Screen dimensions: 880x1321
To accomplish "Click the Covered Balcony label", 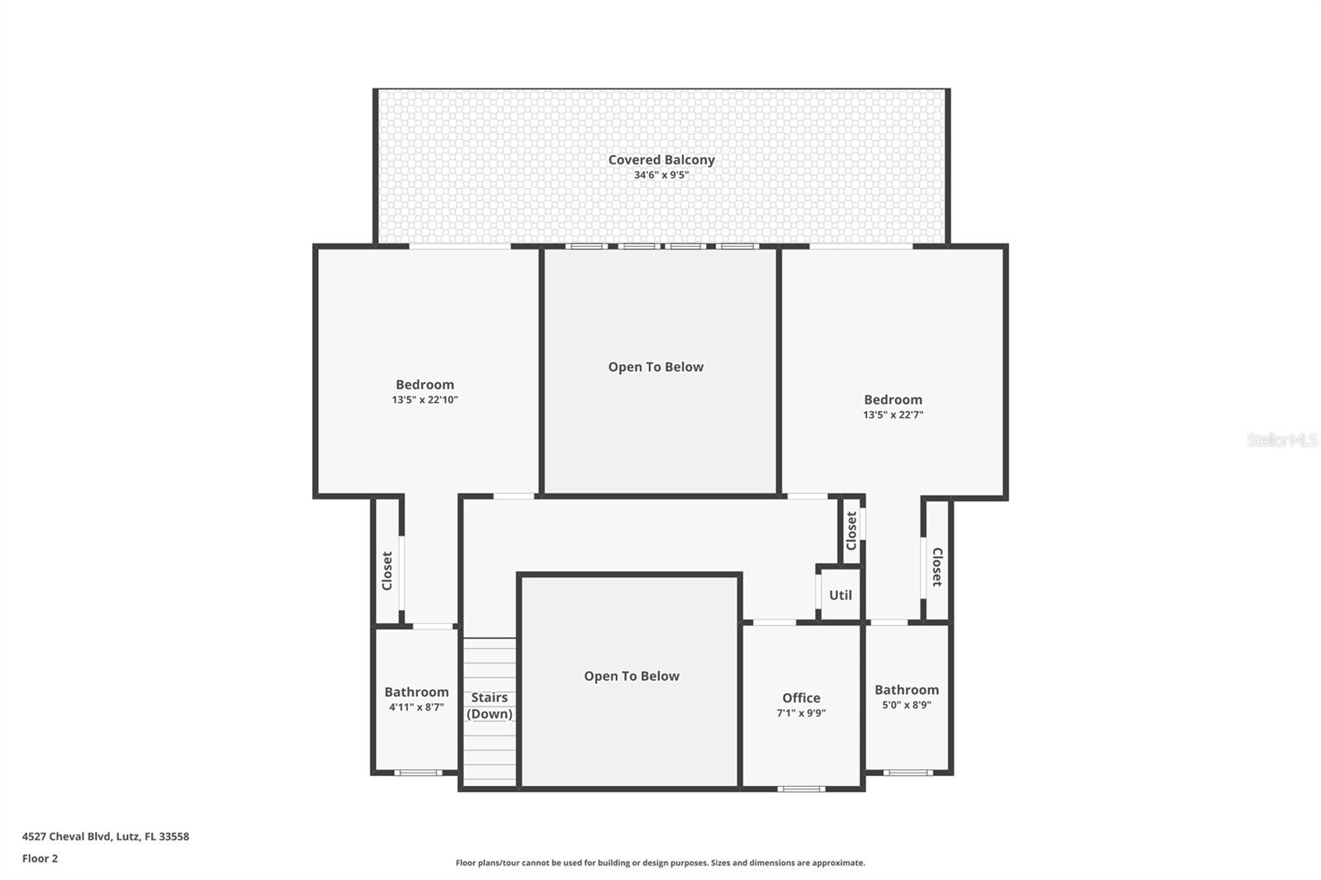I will [661, 160].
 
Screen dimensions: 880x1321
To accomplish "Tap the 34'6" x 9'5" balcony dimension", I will [661, 175].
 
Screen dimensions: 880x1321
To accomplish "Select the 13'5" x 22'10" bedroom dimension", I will [424, 400].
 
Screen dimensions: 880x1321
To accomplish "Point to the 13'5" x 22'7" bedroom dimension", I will [893, 415].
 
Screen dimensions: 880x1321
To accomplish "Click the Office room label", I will [801, 698].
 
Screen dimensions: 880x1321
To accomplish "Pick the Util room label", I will [840, 595].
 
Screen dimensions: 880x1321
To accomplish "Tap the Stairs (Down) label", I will [490, 706].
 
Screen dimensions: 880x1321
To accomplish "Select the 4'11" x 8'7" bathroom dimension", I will [416, 707].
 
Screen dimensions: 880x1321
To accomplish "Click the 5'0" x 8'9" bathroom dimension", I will [907, 705].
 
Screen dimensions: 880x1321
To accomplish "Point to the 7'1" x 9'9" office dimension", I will [801, 713].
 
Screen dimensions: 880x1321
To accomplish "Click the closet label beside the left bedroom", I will [387, 570].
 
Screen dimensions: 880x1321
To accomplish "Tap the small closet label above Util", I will [851, 531].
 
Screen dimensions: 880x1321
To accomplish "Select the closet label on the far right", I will [937, 567].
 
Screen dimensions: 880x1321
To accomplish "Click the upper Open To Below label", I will [656, 367].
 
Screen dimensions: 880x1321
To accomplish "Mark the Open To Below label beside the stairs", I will [632, 676].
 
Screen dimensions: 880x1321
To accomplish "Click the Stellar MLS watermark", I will [1281, 440].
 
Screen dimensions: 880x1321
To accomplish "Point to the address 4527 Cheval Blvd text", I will [106, 836].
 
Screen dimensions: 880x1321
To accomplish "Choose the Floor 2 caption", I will [40, 859].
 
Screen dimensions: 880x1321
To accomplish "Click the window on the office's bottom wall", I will [801, 789].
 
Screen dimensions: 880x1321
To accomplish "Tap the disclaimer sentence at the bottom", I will [660, 863].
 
